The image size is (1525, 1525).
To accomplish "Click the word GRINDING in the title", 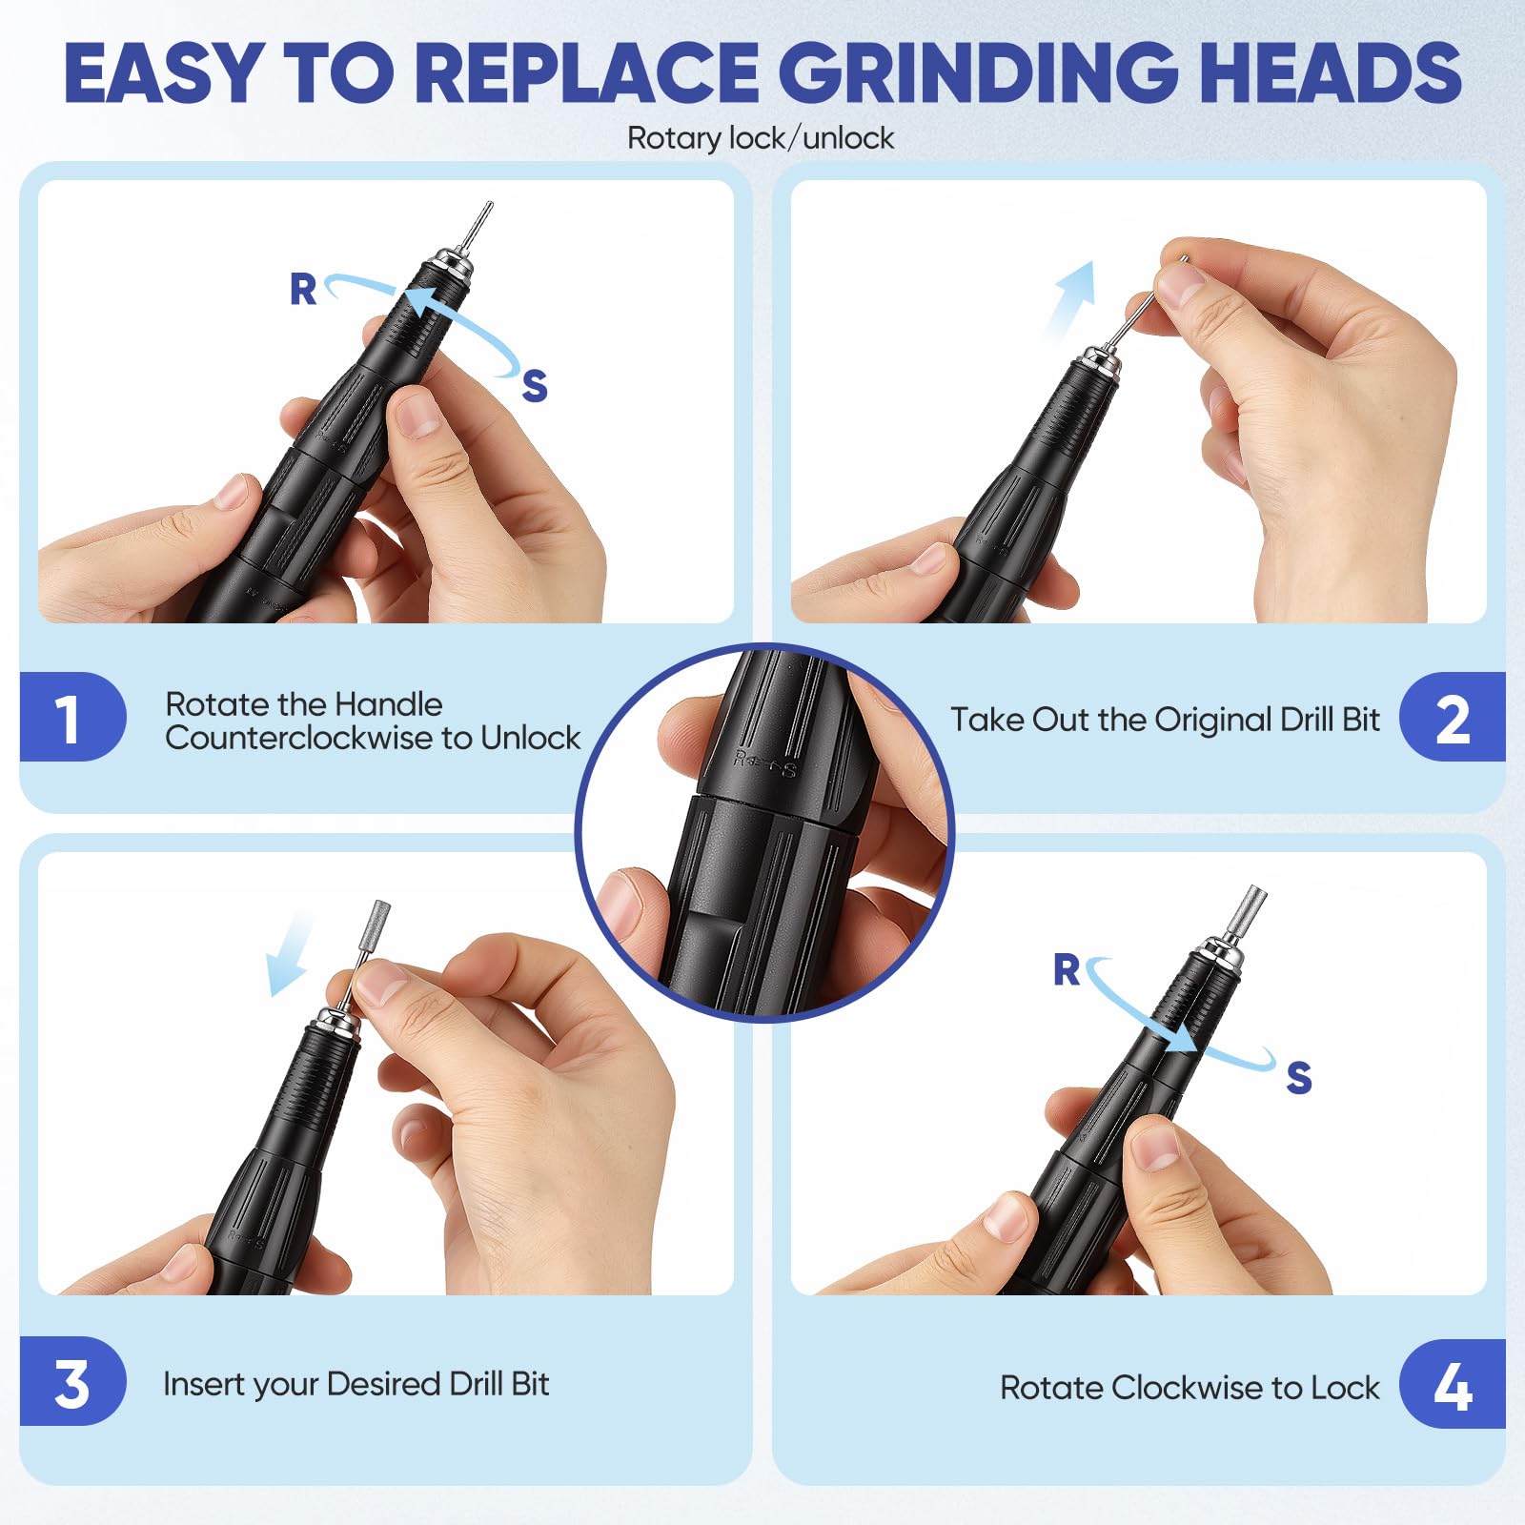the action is point(981,73).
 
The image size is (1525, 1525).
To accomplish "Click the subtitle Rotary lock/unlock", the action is point(761,138).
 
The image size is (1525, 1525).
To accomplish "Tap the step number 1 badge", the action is point(71,717).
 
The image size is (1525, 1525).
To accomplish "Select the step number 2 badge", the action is point(1452,717).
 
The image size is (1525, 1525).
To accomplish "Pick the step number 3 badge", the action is point(71,1381).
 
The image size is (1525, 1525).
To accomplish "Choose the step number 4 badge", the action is point(1452,1384).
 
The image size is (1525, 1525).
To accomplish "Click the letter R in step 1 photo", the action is point(303,289).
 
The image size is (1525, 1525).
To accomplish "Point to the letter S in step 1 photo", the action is point(535,385).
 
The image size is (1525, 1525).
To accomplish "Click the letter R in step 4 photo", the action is point(1067,969).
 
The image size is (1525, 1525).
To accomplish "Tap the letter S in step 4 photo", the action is point(1299,1077).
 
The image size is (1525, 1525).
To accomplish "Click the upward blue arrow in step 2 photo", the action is point(1069,297).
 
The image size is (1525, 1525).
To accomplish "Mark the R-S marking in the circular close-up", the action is point(764,763).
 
